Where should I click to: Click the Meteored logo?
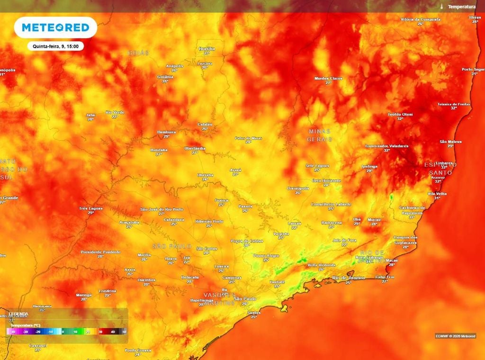55,27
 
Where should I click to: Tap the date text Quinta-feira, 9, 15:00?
55,46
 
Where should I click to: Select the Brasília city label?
207,49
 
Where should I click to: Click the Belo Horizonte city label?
327,180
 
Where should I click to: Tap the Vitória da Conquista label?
421,19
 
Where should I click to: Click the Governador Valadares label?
386,146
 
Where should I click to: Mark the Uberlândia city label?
195,148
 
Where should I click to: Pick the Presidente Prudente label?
100,252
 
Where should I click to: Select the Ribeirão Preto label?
209,221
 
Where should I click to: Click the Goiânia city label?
165,77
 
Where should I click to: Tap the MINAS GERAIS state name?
319,135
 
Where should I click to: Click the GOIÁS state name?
138,53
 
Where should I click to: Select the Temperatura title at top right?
461,7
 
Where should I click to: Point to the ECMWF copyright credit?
455,336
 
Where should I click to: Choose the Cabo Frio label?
385,277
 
